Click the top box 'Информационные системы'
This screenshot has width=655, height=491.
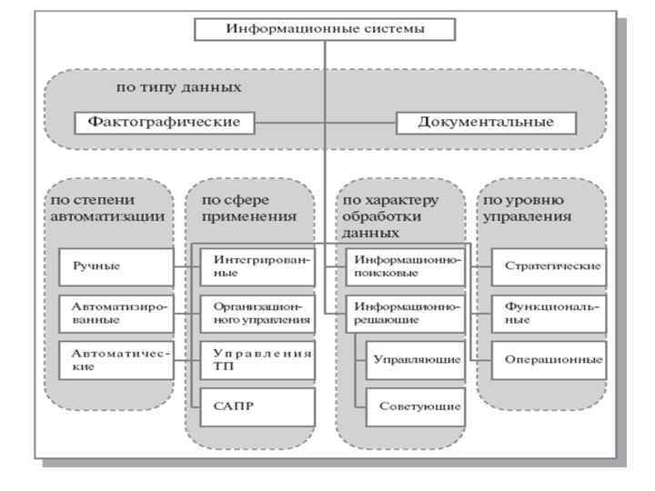[325, 29]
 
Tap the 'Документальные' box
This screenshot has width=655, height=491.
[487, 122]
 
